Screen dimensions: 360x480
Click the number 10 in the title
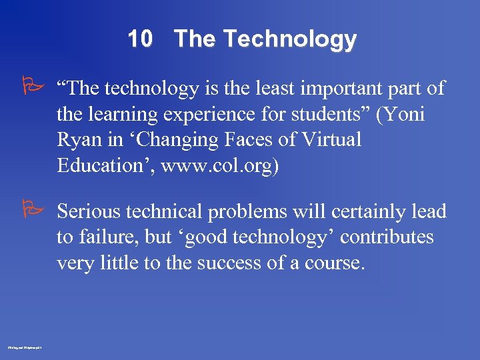(140, 39)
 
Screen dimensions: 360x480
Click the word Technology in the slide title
(289, 40)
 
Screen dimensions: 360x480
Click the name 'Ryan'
(77, 141)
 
